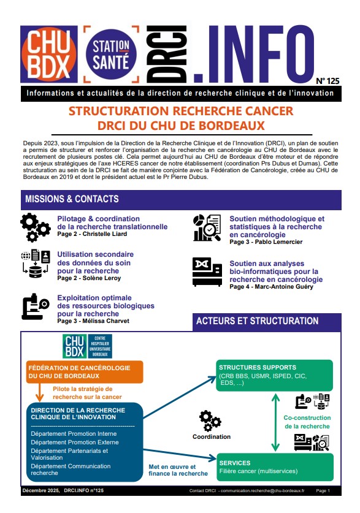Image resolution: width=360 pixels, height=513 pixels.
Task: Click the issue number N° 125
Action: (x=327, y=81)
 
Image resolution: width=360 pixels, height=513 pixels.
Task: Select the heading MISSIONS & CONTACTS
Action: (x=72, y=199)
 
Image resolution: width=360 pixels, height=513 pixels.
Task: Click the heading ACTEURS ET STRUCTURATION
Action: (x=257, y=321)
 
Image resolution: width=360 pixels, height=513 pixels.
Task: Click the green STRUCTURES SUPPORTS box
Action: (x=273, y=375)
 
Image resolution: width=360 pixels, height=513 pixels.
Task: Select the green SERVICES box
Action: (x=273, y=467)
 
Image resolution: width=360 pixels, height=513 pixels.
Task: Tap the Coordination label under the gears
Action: (x=212, y=437)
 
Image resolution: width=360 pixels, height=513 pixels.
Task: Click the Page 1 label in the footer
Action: (x=323, y=491)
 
